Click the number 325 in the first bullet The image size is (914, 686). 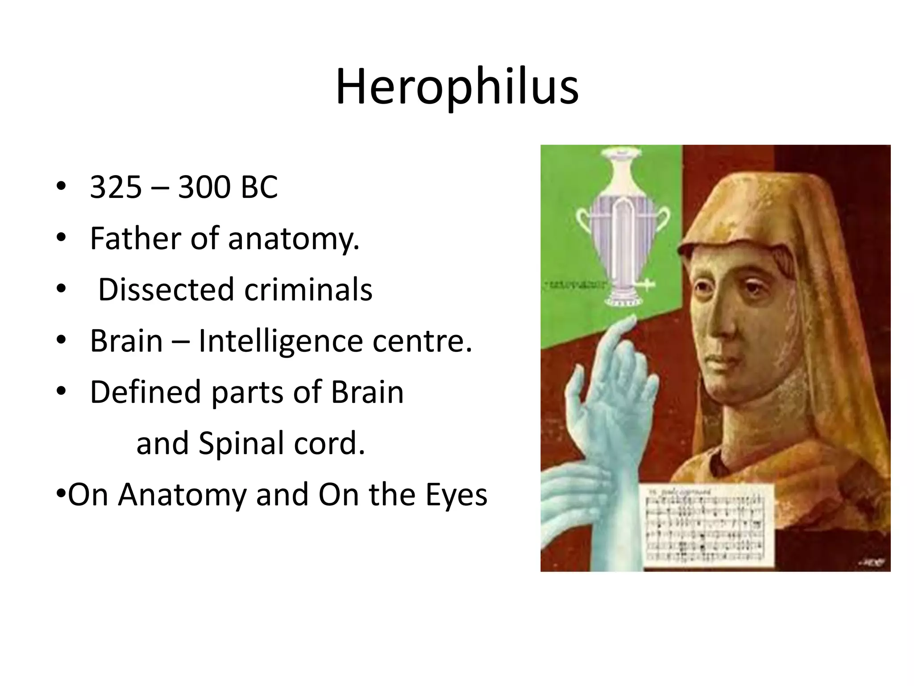coord(116,187)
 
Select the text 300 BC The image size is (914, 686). coord(228,187)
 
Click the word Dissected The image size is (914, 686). coord(166,289)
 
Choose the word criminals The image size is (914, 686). coord(308,289)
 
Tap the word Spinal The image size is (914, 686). coord(237,443)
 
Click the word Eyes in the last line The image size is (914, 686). coord(456,495)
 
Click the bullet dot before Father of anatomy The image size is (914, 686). coord(61,238)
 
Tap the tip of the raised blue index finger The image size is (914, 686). coord(632,318)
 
